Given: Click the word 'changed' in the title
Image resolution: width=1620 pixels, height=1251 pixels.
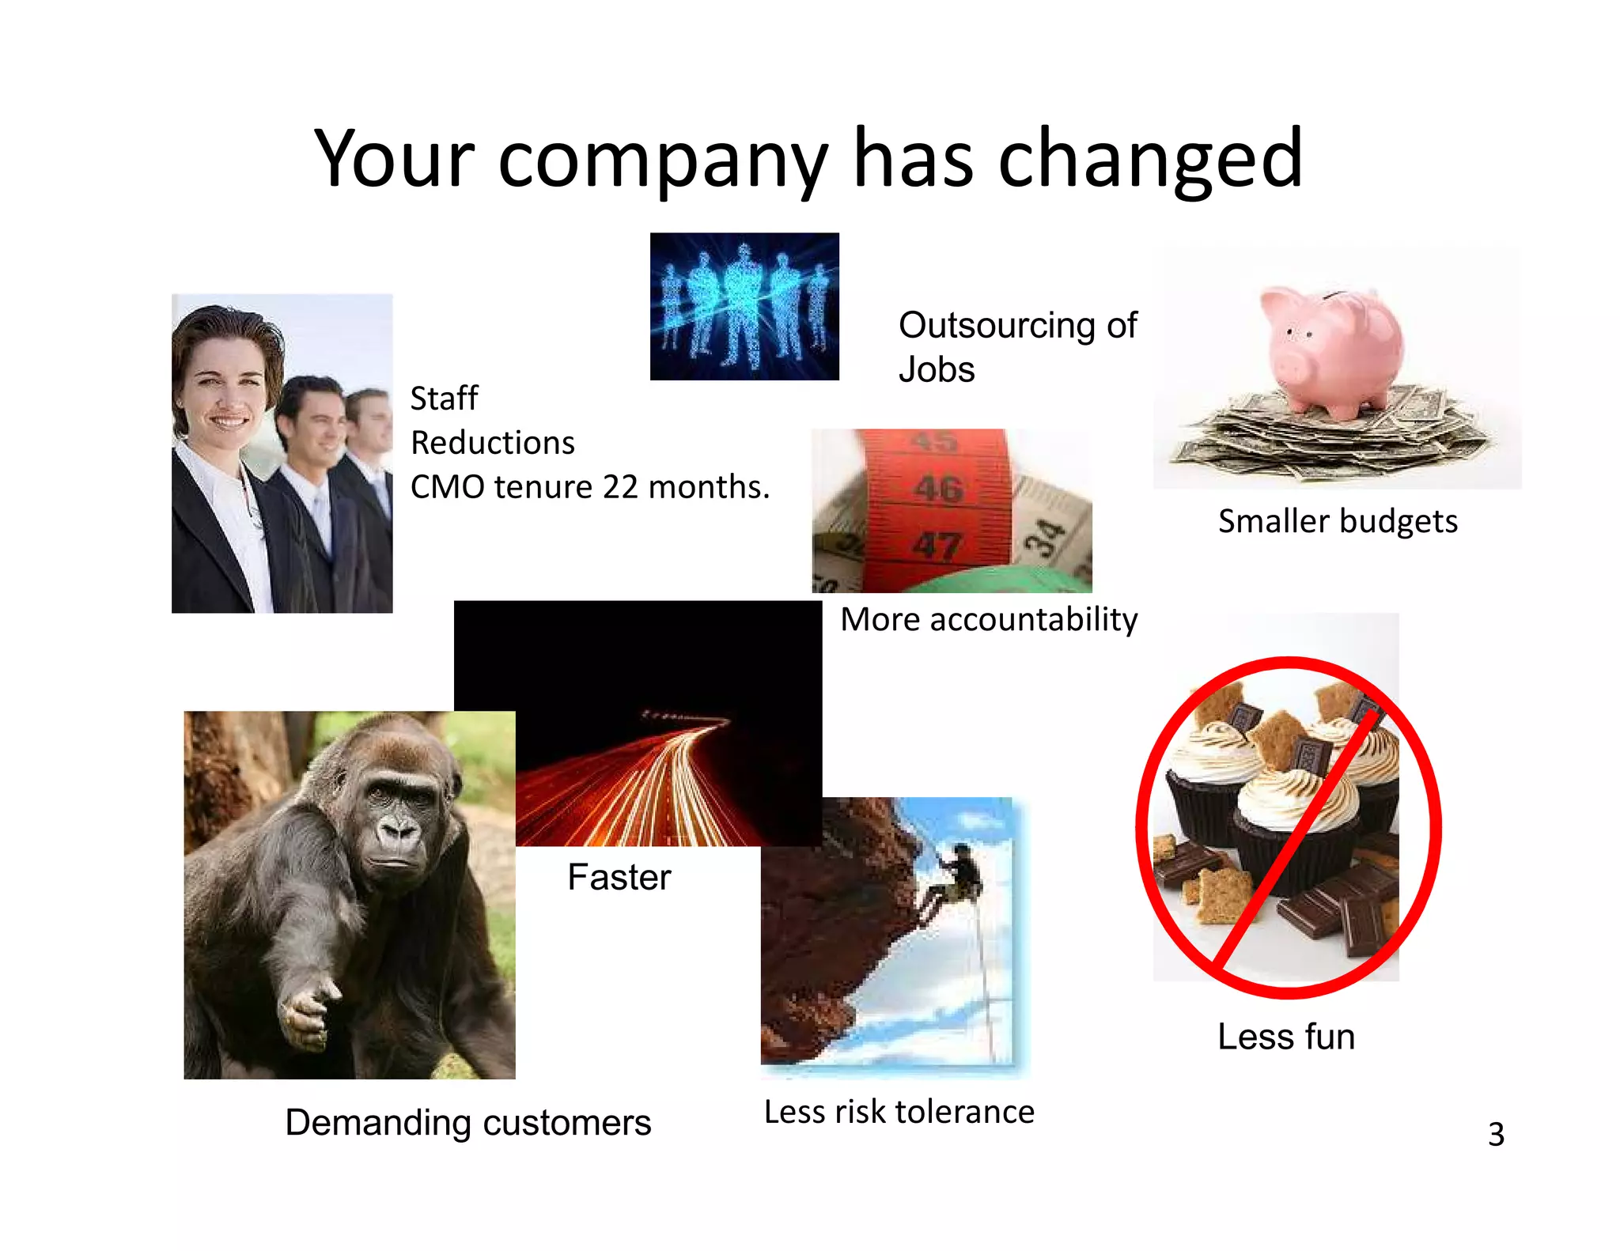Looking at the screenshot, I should (x=1150, y=160).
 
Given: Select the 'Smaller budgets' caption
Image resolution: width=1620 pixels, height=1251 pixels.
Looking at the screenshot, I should (x=1337, y=522).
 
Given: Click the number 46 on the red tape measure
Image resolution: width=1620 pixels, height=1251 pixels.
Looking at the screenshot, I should (x=939, y=489).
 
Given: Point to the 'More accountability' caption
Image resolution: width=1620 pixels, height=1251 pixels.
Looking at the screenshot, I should (x=989, y=619).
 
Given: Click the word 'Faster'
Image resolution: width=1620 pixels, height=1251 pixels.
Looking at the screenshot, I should (x=619, y=877).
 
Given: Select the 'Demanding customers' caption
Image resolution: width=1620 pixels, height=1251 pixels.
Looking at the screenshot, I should (x=467, y=1123).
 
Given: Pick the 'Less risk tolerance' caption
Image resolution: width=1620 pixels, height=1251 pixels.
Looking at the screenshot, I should (x=899, y=1113).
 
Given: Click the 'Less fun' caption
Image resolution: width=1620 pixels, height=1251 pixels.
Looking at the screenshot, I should (x=1286, y=1037).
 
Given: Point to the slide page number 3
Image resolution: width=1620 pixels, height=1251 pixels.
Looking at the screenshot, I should (x=1496, y=1135).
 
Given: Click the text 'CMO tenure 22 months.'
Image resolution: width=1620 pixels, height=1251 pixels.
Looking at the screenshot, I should (x=590, y=487).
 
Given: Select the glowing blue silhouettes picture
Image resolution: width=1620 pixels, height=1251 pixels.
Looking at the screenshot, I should (x=744, y=307).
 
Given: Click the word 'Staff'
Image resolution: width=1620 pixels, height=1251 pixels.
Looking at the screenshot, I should (x=444, y=399).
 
